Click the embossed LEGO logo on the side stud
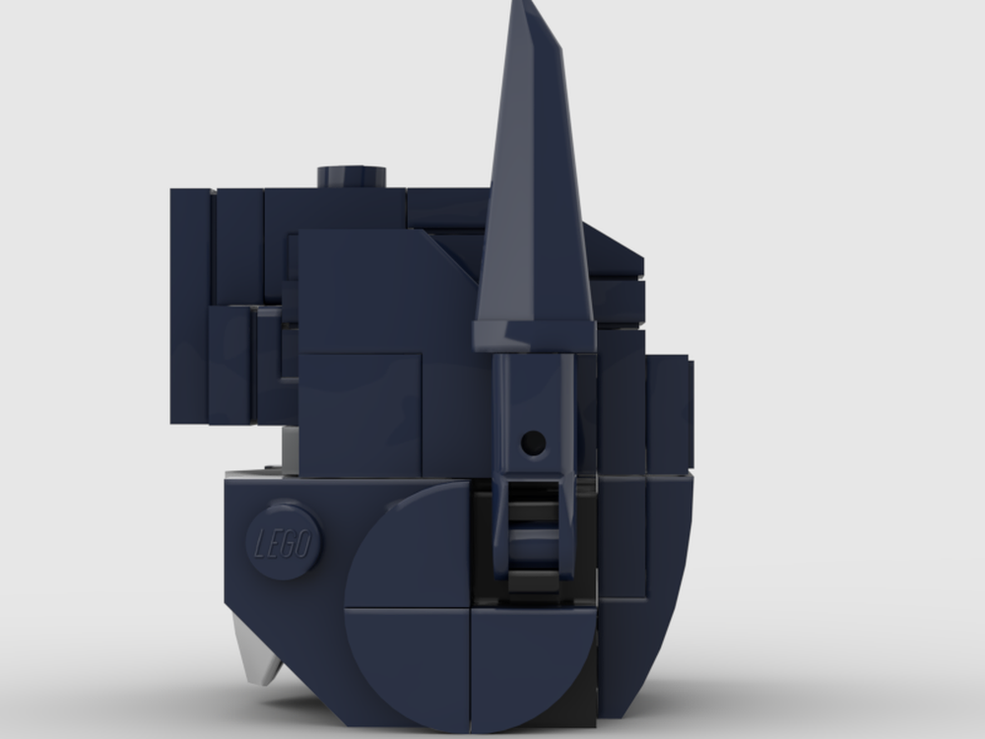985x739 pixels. click(286, 543)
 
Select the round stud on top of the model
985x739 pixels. click(352, 177)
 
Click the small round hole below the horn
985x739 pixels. click(533, 442)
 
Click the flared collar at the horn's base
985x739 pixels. click(535, 330)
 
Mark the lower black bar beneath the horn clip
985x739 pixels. click(534, 581)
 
